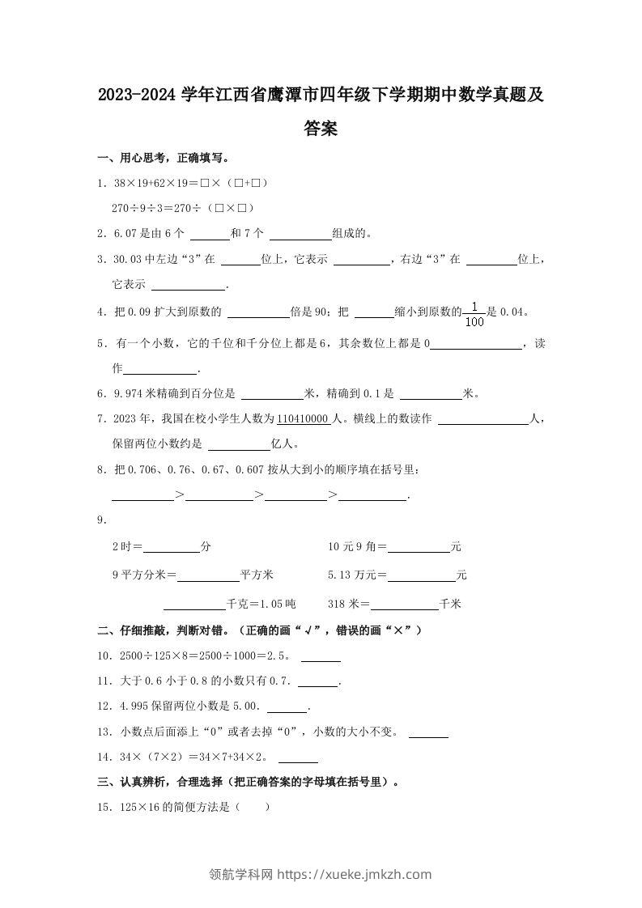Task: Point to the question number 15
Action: click(103, 807)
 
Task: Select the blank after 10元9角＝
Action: click(419, 547)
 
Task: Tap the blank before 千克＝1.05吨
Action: click(194, 604)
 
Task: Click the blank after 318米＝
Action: click(404, 604)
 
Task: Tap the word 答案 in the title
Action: click(321, 128)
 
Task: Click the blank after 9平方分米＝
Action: click(208, 575)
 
